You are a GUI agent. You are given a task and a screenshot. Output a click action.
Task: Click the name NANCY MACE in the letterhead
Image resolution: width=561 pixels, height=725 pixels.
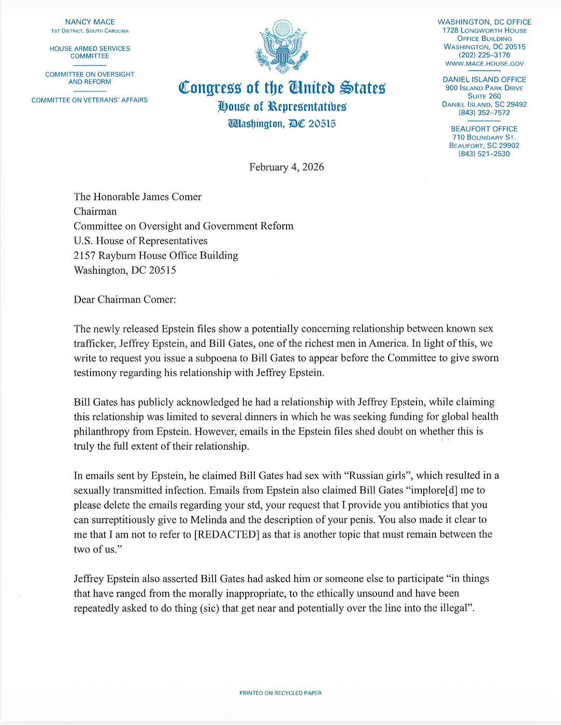pyautogui.click(x=90, y=22)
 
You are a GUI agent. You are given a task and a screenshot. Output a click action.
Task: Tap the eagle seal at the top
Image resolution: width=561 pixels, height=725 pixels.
pyautogui.click(x=282, y=47)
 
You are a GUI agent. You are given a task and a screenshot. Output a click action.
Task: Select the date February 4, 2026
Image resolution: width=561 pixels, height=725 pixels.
pyautogui.click(x=286, y=167)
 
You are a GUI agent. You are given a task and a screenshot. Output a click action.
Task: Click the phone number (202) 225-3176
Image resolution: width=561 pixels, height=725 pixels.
pyautogui.click(x=484, y=55)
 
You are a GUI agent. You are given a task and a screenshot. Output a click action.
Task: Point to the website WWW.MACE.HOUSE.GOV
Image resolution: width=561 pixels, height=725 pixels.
pyautogui.click(x=484, y=64)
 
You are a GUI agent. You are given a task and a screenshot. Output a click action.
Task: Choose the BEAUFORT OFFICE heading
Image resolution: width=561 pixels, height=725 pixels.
pyautogui.click(x=484, y=129)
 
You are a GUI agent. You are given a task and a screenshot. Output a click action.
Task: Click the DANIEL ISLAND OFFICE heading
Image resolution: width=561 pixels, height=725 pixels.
pyautogui.click(x=484, y=80)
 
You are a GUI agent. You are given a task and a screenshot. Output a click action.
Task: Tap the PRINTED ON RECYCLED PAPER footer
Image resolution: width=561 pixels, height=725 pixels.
pyautogui.click(x=280, y=693)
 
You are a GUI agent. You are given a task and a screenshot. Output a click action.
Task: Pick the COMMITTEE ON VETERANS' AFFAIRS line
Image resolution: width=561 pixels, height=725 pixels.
pyautogui.click(x=90, y=100)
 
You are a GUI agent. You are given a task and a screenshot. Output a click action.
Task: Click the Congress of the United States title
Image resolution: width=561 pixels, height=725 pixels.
pyautogui.click(x=282, y=88)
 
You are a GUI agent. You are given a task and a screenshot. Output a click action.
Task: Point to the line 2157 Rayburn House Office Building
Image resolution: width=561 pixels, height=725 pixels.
pyautogui.click(x=156, y=256)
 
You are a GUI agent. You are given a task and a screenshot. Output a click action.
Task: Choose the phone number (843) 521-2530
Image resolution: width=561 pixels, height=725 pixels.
pyautogui.click(x=484, y=154)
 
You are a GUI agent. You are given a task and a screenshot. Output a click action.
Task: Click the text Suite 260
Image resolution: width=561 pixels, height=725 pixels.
pyautogui.click(x=484, y=96)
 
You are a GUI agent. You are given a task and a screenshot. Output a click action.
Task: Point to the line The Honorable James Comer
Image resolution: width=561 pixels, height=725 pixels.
pyautogui.click(x=137, y=197)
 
